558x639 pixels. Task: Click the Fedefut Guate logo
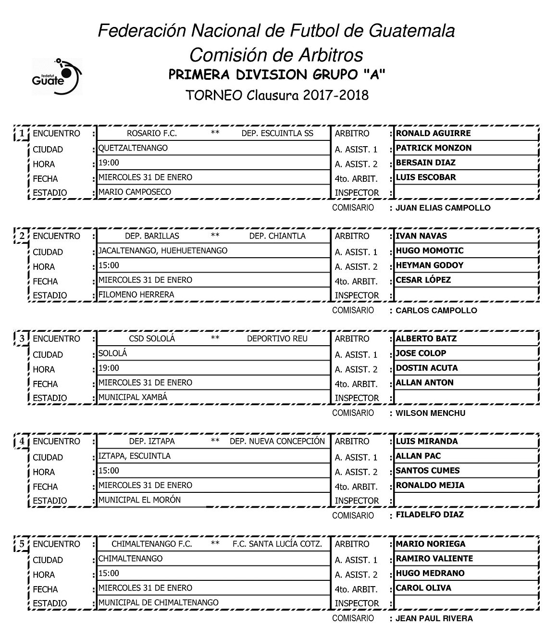click(x=56, y=76)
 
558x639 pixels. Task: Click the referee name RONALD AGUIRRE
click(x=433, y=133)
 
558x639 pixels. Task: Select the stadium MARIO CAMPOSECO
click(x=135, y=192)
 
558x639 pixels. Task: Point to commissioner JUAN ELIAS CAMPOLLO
click(x=443, y=208)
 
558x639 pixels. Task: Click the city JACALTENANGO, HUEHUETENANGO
click(x=163, y=251)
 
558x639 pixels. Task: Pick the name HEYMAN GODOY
click(x=429, y=265)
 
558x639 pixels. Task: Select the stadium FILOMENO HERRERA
click(x=136, y=294)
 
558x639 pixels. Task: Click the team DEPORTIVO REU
click(x=277, y=338)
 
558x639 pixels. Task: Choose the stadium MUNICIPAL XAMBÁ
click(x=133, y=397)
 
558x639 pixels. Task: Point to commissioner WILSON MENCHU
click(x=430, y=413)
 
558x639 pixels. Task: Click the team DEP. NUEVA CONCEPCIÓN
click(x=277, y=441)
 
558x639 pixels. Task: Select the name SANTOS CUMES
click(x=427, y=470)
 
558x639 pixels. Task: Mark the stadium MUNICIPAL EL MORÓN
click(x=139, y=500)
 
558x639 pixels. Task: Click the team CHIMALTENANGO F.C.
click(x=152, y=544)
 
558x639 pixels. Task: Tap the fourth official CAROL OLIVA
click(x=423, y=588)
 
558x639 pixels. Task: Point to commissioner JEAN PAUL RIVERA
click(x=434, y=618)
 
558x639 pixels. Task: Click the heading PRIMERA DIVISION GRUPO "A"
click(x=277, y=75)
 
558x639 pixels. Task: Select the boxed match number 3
click(x=22, y=338)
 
